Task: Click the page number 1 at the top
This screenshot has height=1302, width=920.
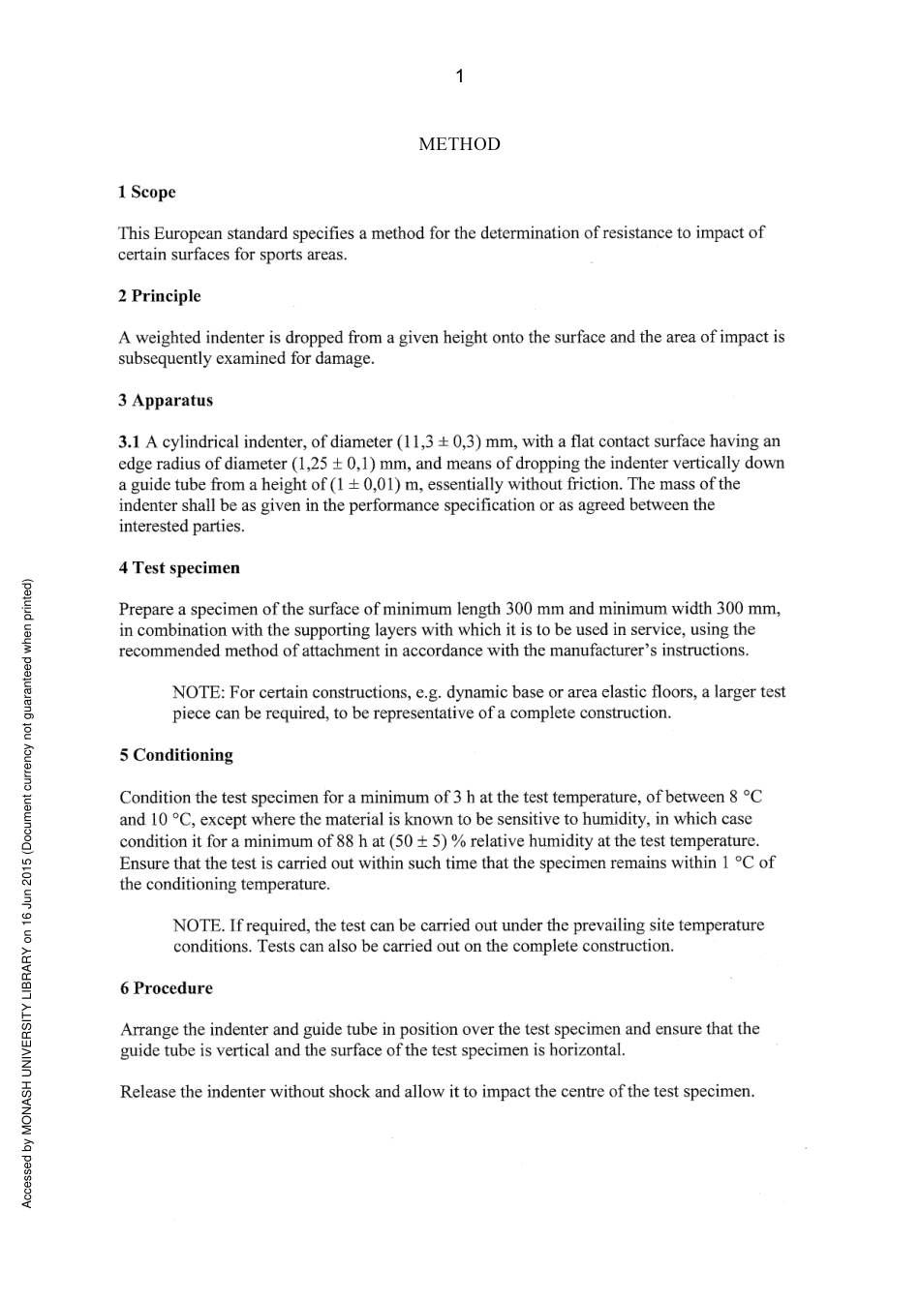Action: [459, 76]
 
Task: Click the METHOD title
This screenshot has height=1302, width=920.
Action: [459, 144]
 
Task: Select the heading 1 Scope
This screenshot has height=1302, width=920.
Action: [146, 192]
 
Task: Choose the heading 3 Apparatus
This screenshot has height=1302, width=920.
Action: [166, 401]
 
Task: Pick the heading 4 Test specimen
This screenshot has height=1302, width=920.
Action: [179, 568]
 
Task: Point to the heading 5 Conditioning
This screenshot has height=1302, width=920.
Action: [176, 755]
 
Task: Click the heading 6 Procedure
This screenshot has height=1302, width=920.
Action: [167, 988]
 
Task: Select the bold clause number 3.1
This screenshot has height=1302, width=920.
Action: [130, 442]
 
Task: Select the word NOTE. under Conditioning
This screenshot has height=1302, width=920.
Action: [199, 925]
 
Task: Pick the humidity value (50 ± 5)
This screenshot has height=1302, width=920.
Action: [417, 841]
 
